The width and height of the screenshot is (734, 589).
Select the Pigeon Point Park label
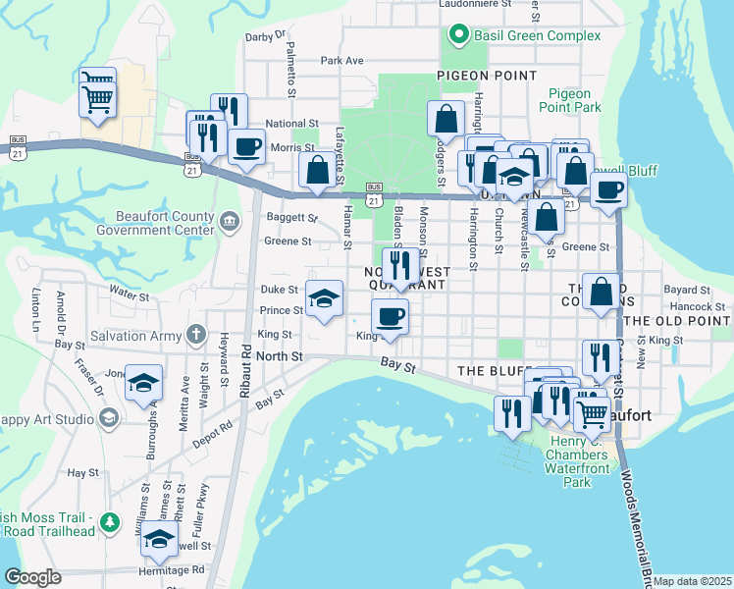573,99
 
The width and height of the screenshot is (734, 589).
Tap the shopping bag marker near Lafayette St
318,171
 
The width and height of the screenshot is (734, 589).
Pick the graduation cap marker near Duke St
324,300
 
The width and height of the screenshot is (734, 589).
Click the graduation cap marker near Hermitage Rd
159,539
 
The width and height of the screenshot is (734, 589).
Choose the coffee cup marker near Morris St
245,147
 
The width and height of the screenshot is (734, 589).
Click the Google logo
32,577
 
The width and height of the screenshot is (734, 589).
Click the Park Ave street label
342,60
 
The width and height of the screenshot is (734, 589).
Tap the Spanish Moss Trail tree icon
111,521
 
